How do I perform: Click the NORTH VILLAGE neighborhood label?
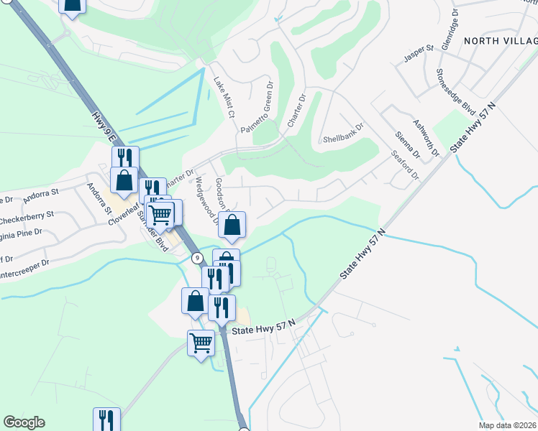500,41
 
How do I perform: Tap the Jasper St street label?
419,57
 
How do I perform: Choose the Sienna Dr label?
408,145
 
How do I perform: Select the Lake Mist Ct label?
224,98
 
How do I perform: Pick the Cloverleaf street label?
124,213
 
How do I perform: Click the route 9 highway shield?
196,257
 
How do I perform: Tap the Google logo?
24,422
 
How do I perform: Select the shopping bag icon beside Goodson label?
232,226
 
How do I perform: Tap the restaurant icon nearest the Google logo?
106,420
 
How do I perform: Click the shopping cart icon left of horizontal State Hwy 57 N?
201,343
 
